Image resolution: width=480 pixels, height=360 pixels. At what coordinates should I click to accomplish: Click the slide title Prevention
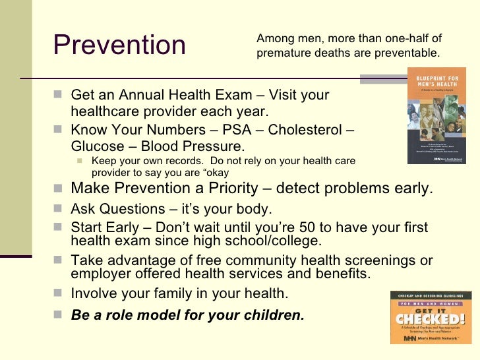[119, 45]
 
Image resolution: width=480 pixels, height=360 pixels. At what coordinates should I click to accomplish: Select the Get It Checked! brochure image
[430, 317]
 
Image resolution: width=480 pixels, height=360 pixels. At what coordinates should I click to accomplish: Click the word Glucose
[96, 145]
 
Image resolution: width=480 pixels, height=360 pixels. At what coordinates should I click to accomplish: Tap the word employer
[98, 272]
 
